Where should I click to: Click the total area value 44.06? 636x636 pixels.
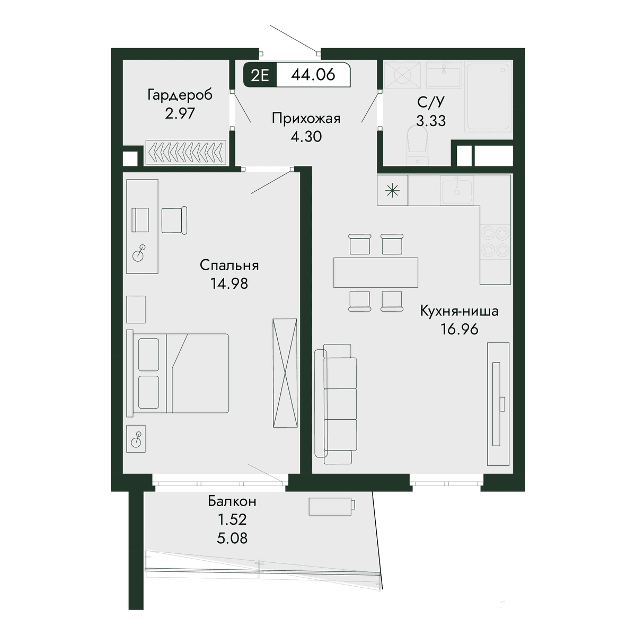(313, 75)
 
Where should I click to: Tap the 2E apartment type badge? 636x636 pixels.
(260, 75)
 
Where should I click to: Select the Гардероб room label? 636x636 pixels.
(180, 95)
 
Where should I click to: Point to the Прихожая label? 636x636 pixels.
(306, 119)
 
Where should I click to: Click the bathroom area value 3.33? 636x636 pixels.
(431, 121)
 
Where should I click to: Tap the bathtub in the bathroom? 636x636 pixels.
(489, 96)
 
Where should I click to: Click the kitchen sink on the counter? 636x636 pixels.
(457, 191)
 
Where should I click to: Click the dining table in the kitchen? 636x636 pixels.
(376, 272)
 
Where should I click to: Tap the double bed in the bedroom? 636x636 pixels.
(178, 373)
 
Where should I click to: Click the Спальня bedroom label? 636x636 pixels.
(229, 266)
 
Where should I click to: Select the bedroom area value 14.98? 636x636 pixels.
(229, 284)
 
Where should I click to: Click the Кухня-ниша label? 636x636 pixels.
(459, 311)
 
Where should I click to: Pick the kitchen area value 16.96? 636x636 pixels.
(460, 329)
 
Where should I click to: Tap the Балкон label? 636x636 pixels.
(232, 501)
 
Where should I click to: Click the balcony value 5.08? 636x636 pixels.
(232, 538)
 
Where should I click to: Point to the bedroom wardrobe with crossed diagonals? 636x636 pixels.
(285, 373)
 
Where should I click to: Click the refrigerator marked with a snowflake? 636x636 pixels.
(392, 190)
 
